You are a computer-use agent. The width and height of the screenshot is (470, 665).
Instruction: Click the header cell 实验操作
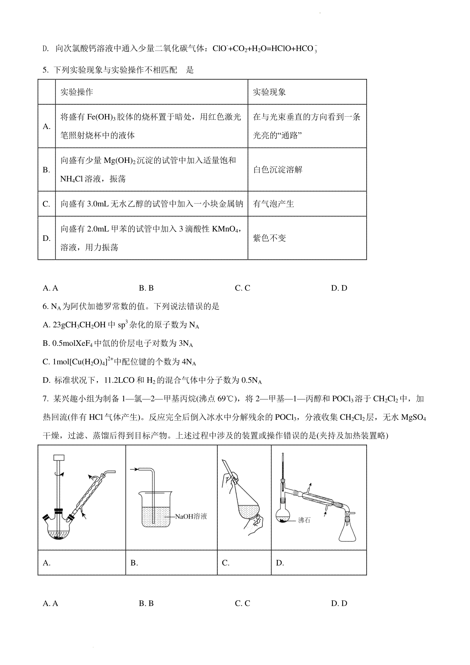pos(76,92)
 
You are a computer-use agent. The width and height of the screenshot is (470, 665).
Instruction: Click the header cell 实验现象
pos(269,92)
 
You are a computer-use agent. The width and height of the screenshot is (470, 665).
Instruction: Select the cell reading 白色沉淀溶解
pos(278,170)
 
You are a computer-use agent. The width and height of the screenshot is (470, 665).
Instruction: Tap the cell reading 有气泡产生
pos(273,204)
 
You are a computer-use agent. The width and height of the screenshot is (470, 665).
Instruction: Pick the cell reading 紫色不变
pos(269,238)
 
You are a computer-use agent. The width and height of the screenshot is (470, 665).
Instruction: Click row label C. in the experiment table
pos(47,204)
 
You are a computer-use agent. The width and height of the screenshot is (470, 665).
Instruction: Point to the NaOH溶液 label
pos(191,516)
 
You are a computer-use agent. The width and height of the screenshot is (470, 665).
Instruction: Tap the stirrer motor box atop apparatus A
pos(59,457)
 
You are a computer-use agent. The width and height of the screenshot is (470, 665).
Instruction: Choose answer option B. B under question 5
pos(146,288)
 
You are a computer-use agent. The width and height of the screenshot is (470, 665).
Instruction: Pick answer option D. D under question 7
pos(339,604)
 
